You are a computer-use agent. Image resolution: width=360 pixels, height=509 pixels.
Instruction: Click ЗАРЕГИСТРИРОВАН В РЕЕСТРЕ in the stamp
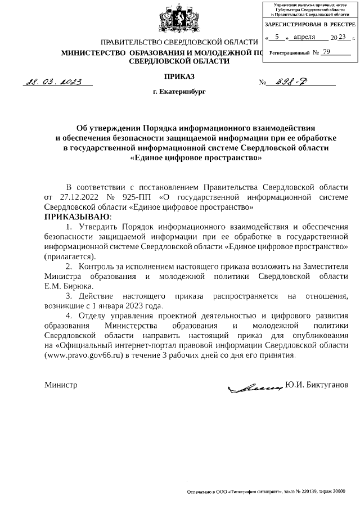(311, 25)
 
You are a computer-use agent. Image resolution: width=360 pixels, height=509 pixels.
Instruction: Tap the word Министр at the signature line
(61, 385)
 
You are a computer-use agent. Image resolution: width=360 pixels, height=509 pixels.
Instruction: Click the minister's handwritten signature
(254, 386)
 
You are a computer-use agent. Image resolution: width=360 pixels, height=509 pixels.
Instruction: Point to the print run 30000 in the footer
(339, 492)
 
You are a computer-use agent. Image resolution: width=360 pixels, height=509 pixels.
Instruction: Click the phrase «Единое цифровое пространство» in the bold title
(196, 158)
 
